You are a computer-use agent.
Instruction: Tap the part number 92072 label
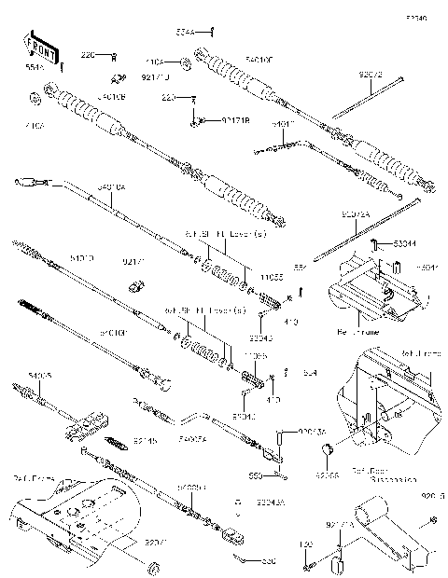[x=371, y=72]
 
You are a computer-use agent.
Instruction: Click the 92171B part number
[x=235, y=121]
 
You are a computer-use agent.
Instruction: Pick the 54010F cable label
[x=233, y=59]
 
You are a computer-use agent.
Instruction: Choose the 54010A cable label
[x=114, y=187]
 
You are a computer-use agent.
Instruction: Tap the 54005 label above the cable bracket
[x=42, y=376]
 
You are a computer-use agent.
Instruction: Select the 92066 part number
[x=327, y=475]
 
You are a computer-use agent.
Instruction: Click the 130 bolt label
[x=305, y=543]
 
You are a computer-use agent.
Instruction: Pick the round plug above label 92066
[x=328, y=453]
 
